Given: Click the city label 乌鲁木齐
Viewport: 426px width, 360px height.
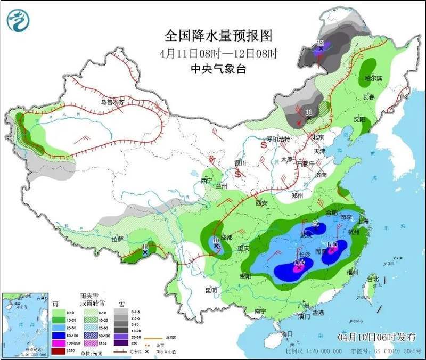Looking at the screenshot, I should (x=112, y=102).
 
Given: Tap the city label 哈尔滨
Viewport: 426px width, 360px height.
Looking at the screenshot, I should (x=370, y=79).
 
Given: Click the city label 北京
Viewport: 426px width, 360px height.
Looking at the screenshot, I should (x=318, y=137).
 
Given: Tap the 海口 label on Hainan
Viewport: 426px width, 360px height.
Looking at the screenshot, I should (x=288, y=333).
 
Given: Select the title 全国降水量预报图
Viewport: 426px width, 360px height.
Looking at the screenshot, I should (x=218, y=36).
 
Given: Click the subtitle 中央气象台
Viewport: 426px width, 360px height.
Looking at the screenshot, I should (x=218, y=69).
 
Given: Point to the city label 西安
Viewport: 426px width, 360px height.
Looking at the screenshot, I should (x=261, y=203).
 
